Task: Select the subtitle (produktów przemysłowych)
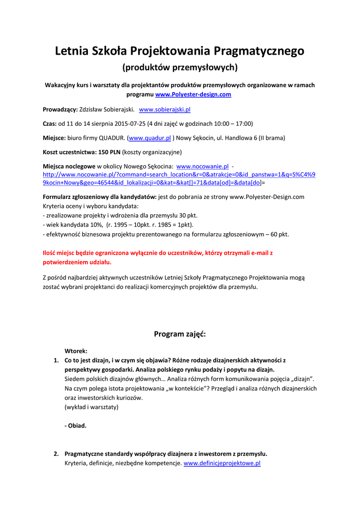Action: (x=180, y=67)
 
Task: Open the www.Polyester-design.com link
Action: (x=193, y=94)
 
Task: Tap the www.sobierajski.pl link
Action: (x=165, y=109)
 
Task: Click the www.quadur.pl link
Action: (x=150, y=138)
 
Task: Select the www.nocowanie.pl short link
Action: (x=202, y=167)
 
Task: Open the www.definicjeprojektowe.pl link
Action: (x=222, y=463)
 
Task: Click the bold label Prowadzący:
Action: (x=60, y=109)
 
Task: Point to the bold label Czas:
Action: (x=50, y=124)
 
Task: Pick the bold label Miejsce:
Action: (x=54, y=138)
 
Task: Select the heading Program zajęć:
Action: (x=180, y=334)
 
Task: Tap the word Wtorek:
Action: (x=76, y=351)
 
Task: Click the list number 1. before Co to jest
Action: (x=56, y=360)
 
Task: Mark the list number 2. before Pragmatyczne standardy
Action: (x=56, y=454)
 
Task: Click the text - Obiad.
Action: (x=76, y=425)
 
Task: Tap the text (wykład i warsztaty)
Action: (x=91, y=407)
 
